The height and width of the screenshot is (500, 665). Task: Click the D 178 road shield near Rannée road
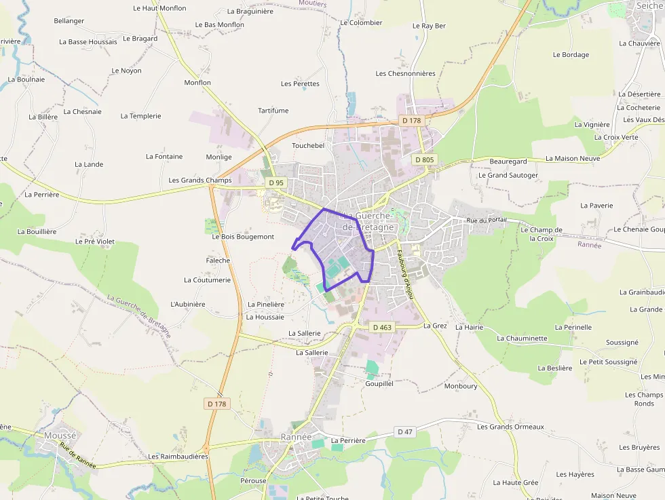click(217, 404)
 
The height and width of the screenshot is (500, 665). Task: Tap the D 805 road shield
click(425, 159)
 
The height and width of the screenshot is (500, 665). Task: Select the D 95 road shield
click(275, 182)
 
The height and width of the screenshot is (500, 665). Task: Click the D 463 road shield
click(382, 327)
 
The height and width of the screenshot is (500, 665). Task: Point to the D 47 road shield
click(405, 431)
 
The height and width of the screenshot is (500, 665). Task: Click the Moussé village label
click(60, 435)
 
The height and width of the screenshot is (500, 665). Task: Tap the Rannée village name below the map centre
click(296, 437)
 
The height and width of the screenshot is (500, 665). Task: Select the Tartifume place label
click(273, 111)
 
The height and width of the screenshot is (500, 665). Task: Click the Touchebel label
click(308, 145)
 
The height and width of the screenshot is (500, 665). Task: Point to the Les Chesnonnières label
click(405, 73)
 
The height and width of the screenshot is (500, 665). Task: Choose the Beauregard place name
click(508, 161)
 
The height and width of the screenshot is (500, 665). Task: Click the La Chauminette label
click(522, 338)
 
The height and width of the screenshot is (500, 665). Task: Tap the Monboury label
click(461, 386)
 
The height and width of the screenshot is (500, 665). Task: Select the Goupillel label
click(379, 383)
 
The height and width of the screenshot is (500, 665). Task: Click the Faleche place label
click(218, 261)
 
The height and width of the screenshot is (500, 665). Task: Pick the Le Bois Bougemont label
click(243, 237)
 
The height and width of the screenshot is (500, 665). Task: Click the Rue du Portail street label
click(487, 220)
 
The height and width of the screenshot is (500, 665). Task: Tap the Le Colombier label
click(361, 22)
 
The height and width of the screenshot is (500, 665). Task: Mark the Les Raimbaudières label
click(178, 457)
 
